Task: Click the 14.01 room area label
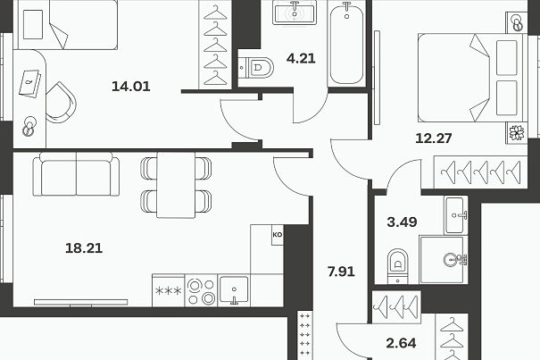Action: click(131, 87)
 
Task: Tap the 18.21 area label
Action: click(84, 248)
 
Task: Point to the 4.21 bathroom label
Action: click(301, 58)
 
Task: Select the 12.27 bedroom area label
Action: click(434, 138)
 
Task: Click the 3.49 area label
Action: click(402, 222)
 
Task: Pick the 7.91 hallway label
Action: click(341, 272)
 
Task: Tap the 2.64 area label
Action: click(402, 343)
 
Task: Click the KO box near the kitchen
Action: click(278, 235)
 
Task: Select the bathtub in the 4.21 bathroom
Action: click(346, 42)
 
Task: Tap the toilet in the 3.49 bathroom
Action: click(398, 266)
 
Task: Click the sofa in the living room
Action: click(76, 174)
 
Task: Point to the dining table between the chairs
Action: click(176, 185)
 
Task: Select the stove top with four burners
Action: click(201, 290)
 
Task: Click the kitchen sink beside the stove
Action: click(234, 290)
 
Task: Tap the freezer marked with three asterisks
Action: click(169, 290)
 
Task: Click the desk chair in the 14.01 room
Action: click(61, 103)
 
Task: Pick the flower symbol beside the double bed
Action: click(517, 133)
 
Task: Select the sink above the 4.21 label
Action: click(295, 13)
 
